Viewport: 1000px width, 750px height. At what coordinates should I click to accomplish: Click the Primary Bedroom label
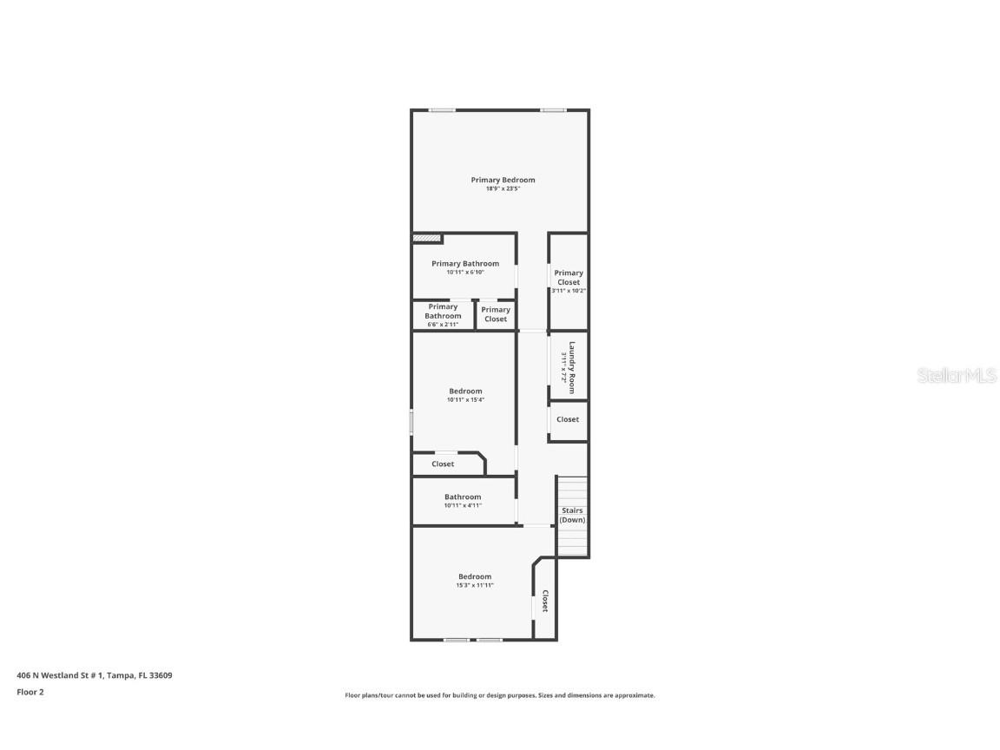click(x=503, y=181)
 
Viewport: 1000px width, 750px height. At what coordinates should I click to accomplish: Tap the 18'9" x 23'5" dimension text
click(x=503, y=189)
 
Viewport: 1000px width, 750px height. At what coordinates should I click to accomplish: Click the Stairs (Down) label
click(x=572, y=516)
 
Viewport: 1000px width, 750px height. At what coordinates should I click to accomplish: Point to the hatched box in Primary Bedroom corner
click(x=426, y=238)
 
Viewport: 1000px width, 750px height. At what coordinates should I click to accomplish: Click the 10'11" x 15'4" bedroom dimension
click(x=465, y=400)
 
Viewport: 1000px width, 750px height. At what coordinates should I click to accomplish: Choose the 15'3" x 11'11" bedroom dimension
click(x=475, y=585)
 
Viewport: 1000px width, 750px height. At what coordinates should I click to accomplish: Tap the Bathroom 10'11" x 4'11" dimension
click(x=463, y=505)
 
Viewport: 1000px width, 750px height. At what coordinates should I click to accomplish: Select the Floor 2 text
click(x=30, y=692)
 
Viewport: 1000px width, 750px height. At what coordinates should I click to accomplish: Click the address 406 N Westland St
click(x=94, y=674)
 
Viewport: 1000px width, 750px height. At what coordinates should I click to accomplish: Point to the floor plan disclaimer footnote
click(x=500, y=695)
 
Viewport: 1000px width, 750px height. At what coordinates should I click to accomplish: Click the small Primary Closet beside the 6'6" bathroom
click(x=496, y=314)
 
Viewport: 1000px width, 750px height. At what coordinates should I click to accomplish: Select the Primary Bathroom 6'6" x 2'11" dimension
click(x=443, y=325)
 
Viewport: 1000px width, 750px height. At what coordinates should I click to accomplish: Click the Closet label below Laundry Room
click(x=568, y=419)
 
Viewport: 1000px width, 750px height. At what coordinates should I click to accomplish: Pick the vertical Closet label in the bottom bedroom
click(x=545, y=602)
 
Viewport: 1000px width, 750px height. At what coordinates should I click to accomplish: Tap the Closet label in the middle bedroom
click(x=443, y=464)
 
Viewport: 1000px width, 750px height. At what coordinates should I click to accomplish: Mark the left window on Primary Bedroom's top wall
click(x=442, y=110)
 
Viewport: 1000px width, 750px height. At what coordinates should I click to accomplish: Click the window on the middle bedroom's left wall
click(x=411, y=422)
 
